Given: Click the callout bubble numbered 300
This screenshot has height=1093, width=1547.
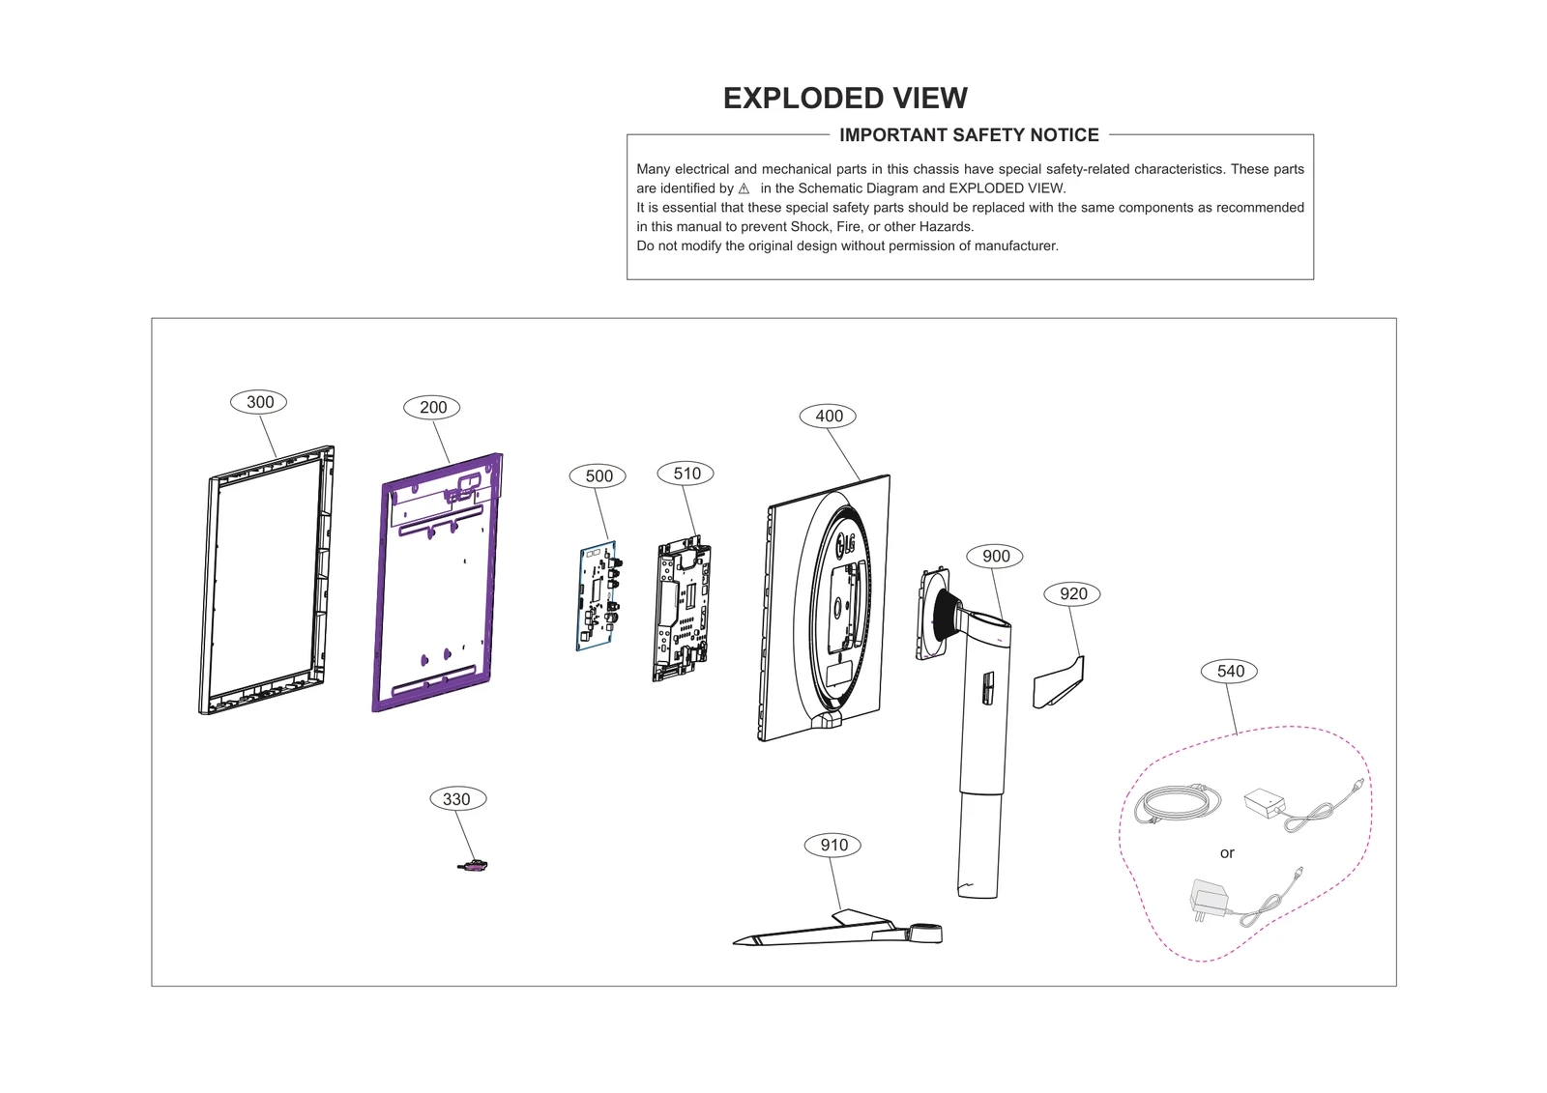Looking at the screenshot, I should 259,402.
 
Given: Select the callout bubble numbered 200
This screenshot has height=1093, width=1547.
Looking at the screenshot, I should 432,408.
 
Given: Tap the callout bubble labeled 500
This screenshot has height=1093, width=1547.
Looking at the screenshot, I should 598,475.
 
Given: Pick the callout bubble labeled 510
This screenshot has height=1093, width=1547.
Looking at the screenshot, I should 686,474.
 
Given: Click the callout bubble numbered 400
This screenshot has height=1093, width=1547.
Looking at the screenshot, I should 829,417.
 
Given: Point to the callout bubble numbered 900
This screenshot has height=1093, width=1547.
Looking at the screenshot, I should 996,557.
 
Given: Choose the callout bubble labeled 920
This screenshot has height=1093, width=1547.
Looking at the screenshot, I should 1073,594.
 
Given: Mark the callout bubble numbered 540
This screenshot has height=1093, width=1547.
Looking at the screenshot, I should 1230,672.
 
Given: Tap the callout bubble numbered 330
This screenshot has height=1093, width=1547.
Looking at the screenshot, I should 456,799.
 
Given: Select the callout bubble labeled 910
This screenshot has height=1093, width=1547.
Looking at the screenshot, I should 833,846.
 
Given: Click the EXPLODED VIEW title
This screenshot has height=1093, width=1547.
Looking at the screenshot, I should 845,99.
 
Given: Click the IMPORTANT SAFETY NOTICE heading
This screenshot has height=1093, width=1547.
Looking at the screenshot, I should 969,135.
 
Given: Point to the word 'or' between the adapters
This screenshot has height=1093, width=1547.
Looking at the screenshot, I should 1227,853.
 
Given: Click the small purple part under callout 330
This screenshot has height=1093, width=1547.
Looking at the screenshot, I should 473,866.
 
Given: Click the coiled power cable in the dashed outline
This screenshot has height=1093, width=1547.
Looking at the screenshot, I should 1176,803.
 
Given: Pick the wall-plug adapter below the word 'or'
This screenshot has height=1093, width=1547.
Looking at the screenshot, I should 1207,899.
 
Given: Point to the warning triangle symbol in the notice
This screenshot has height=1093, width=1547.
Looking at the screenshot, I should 744,188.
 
